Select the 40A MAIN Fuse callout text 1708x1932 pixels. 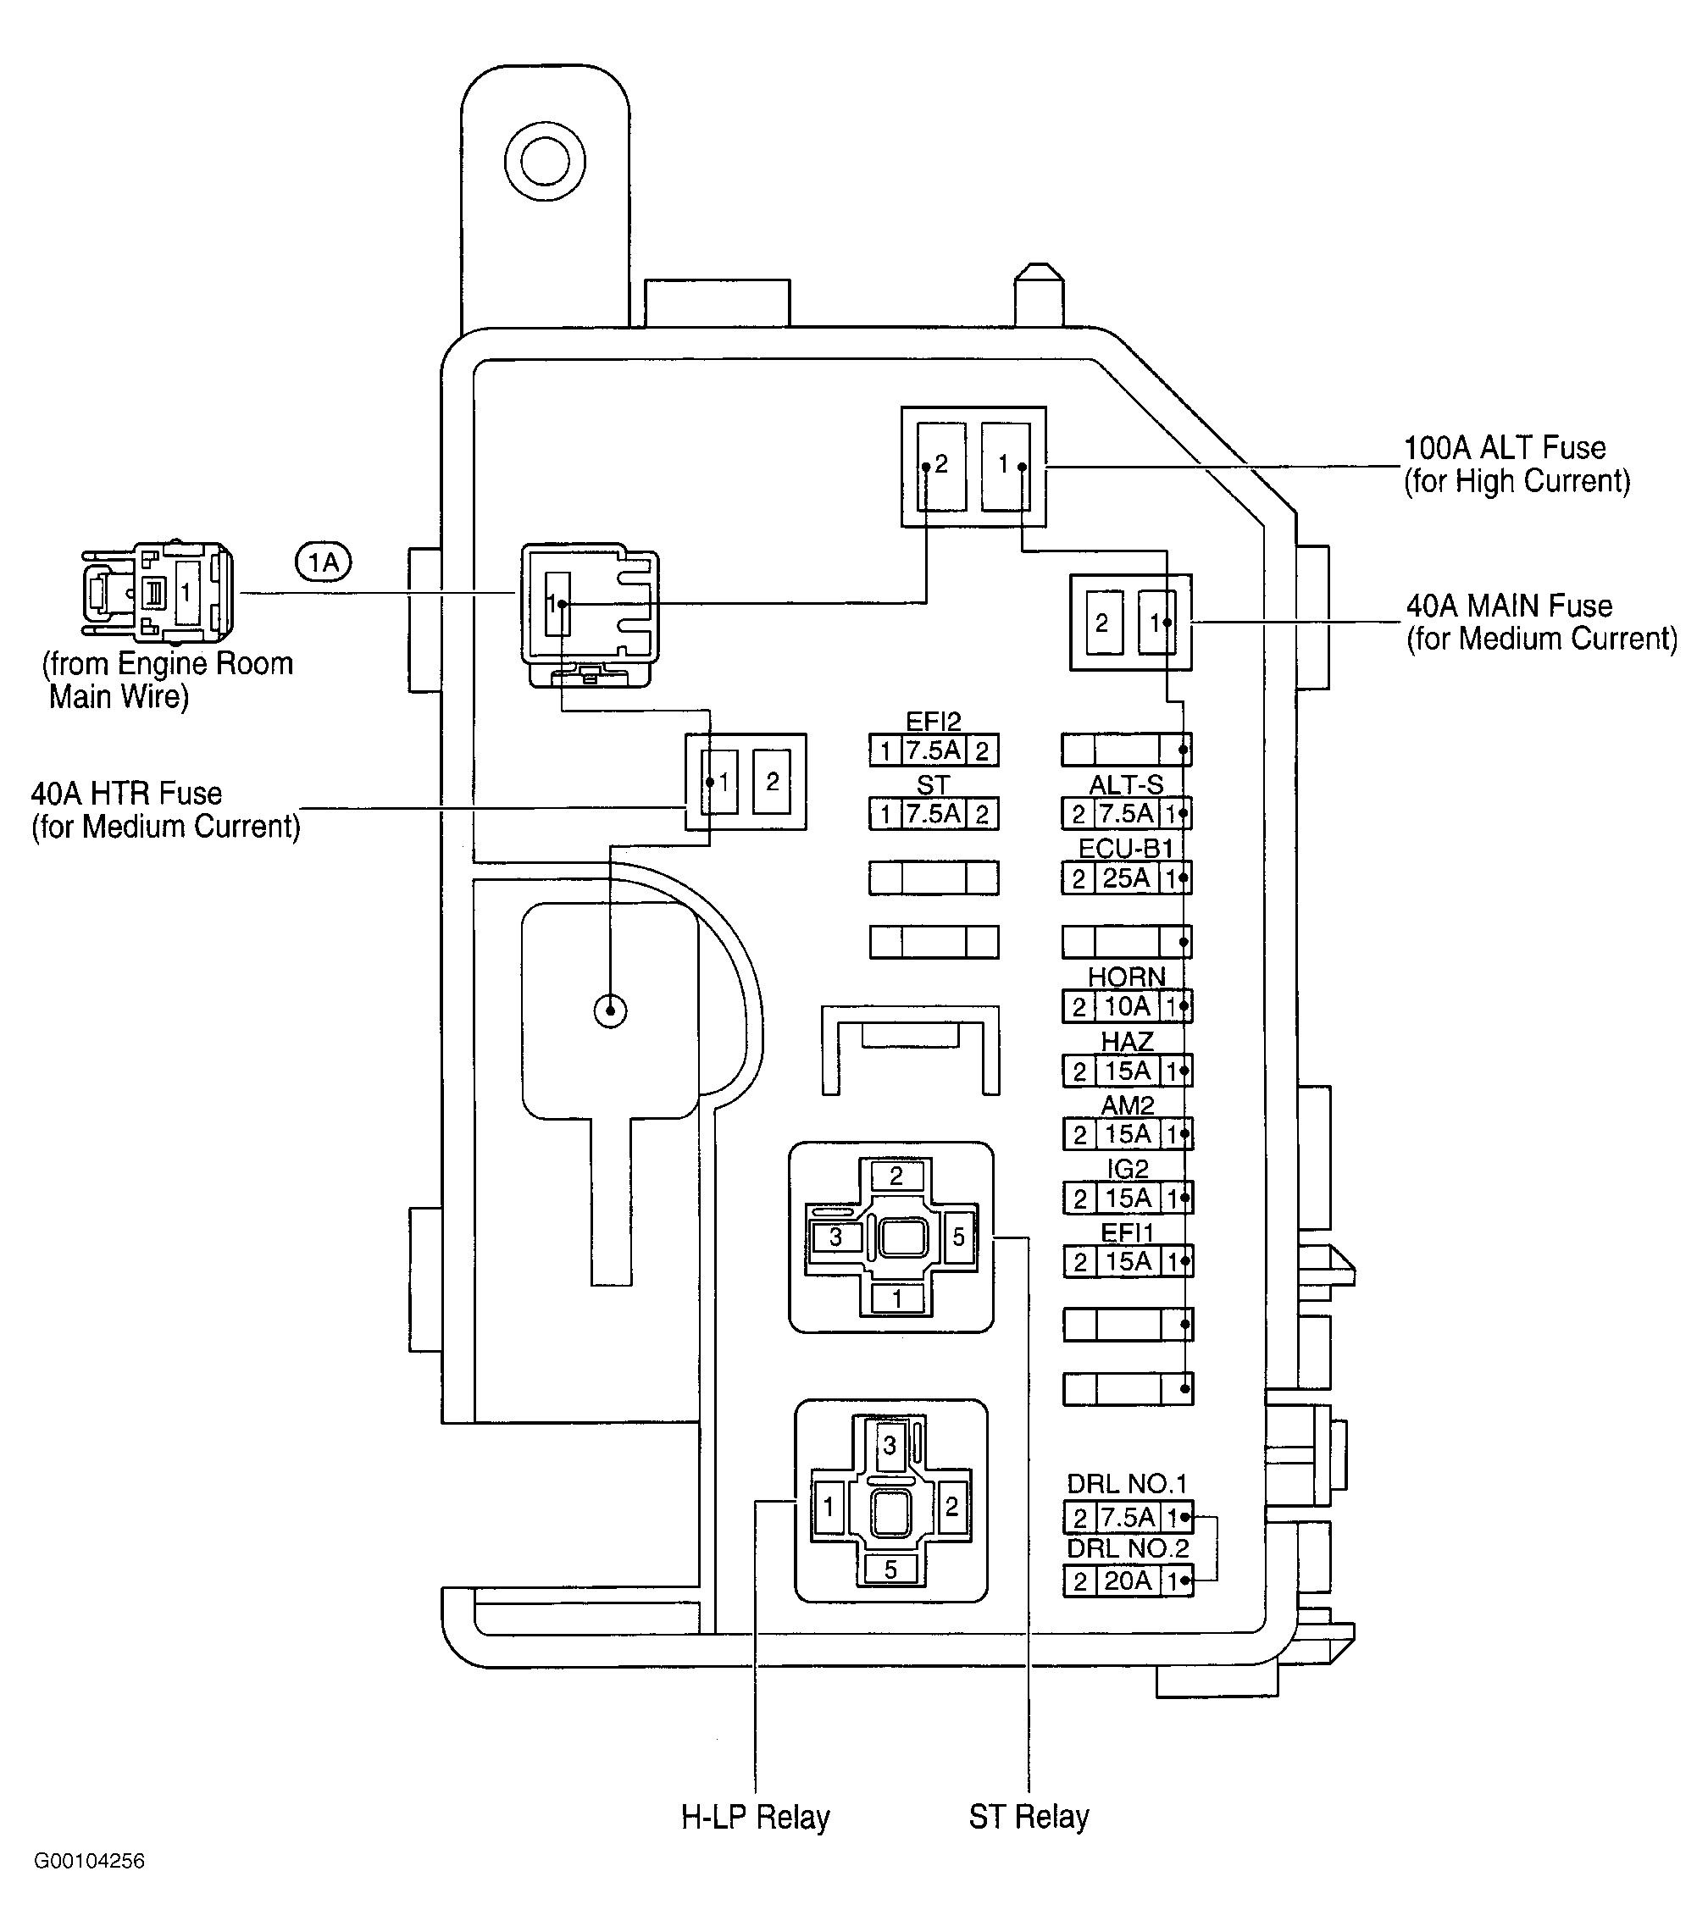tap(1541, 622)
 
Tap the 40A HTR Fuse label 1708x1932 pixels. tap(165, 809)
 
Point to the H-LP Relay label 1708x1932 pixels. tap(755, 1817)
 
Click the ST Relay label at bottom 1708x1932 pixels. tap(1029, 1816)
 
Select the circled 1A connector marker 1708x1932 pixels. tap(324, 562)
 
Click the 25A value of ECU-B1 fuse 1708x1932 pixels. tap(1127, 878)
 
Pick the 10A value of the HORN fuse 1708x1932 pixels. tap(1128, 1006)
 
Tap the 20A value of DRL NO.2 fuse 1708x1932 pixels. tap(1128, 1580)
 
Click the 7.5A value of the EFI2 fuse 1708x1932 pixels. tap(933, 750)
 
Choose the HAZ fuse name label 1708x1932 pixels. tap(1128, 1041)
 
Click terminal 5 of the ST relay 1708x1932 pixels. tap(958, 1237)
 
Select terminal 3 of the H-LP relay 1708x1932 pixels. tap(890, 1445)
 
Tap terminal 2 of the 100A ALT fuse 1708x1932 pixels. tap(940, 465)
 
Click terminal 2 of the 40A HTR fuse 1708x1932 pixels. tap(772, 781)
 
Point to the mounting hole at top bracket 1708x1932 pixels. tap(545, 161)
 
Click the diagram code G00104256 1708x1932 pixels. tap(90, 1860)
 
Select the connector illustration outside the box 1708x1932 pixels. tap(157, 590)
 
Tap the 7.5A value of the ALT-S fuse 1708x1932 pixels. tap(1127, 814)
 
